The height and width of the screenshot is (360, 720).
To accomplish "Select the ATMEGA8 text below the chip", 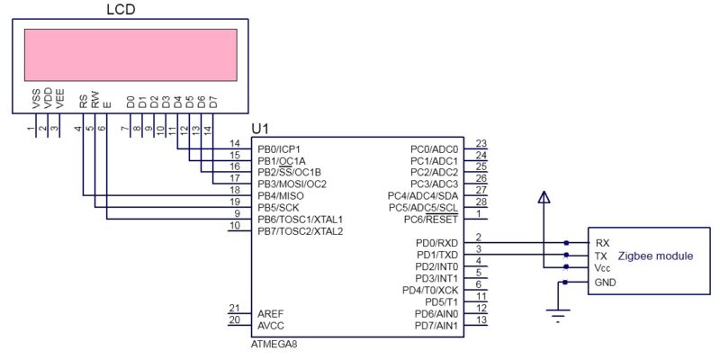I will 275,345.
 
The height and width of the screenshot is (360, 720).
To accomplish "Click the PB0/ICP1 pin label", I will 279,148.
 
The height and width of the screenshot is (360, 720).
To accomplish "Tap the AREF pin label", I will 271,312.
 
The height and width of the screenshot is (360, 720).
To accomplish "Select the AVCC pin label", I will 271,324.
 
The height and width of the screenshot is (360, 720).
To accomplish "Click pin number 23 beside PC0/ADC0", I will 481,144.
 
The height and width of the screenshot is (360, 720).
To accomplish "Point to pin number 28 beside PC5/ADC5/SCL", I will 481,202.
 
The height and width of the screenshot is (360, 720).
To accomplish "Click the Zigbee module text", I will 655,256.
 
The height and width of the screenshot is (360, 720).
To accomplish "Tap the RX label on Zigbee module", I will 602,243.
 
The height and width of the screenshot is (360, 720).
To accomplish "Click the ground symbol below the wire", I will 559,314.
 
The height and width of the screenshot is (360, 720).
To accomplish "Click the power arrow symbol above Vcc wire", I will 544,197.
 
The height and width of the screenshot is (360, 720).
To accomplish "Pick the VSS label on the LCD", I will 35,101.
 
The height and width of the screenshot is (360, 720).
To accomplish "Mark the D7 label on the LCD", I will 212,101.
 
